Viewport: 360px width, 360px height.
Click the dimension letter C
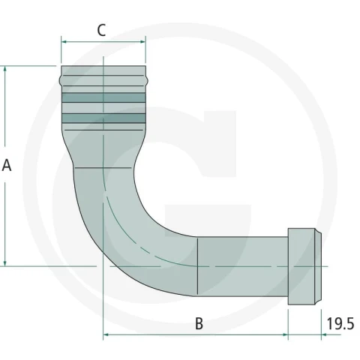click(101, 31)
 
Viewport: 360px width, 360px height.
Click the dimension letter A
click(7, 165)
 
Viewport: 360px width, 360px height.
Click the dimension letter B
click(199, 324)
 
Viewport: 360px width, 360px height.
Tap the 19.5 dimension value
click(340, 324)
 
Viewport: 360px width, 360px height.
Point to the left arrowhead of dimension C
click(64, 42)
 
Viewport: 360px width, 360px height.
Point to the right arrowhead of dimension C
click(142, 42)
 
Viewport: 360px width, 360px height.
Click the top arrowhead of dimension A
click(5, 69)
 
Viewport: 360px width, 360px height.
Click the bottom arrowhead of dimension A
click(5, 263)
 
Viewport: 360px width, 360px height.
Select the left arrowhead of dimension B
click(106, 334)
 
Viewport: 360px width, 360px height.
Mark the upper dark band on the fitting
click(103, 97)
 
